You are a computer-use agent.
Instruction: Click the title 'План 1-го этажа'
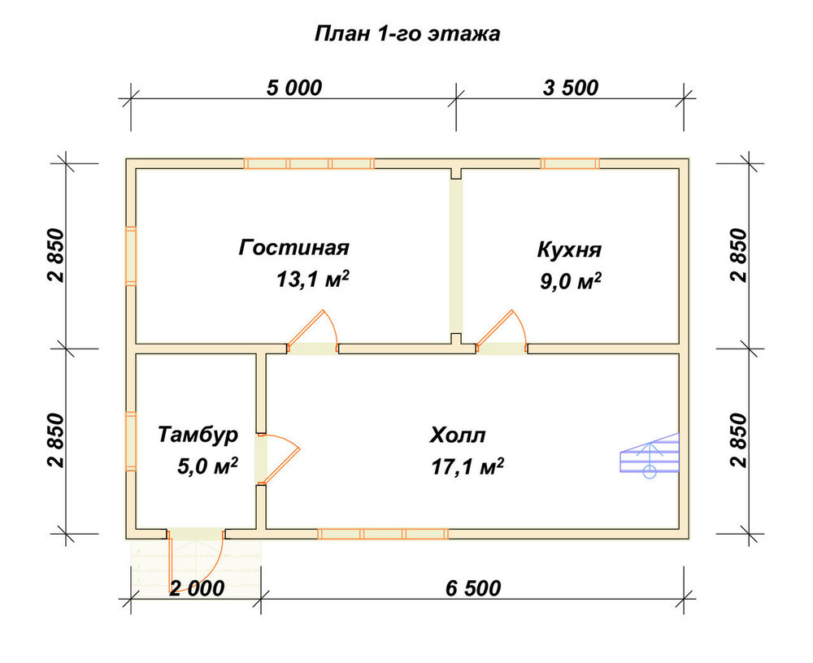(407, 33)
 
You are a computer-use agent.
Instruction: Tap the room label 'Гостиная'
(294, 247)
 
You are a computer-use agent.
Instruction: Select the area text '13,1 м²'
(313, 279)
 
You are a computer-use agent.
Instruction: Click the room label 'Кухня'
(569, 249)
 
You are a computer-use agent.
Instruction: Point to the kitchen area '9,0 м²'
(571, 281)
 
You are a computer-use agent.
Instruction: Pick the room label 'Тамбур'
(198, 435)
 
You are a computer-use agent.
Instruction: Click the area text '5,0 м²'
(207, 466)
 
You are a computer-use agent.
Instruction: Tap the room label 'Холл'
(457, 435)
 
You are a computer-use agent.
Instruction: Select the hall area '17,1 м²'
(467, 466)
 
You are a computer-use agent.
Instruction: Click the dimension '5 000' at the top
(294, 88)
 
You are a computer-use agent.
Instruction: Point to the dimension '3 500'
(571, 88)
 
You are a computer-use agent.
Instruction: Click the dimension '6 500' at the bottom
(473, 588)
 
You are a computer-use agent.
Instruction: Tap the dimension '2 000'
(197, 588)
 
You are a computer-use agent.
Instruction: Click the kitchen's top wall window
(570, 164)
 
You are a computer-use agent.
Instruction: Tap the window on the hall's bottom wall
(383, 534)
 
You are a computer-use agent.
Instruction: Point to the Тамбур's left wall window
(131, 441)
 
